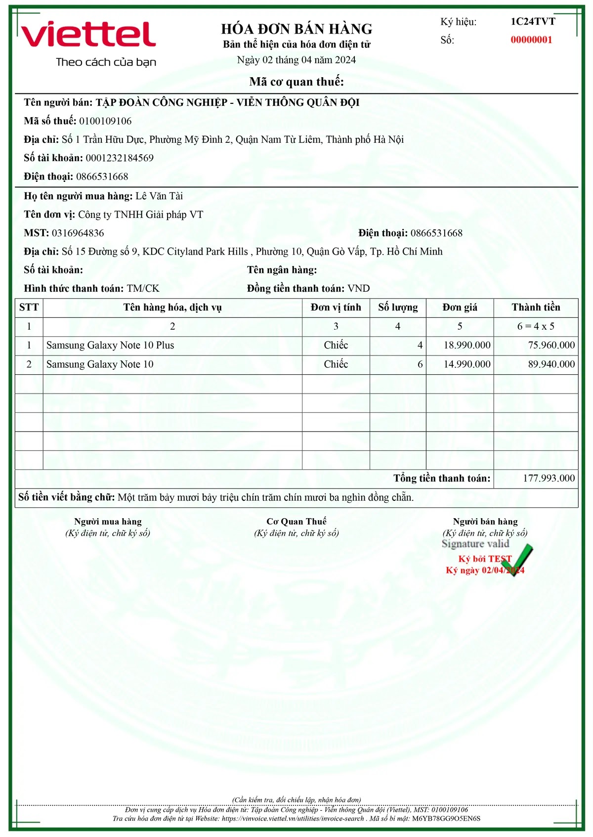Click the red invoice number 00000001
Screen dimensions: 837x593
531,40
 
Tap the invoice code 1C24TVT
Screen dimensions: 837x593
533,22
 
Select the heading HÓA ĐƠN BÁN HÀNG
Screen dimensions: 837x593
296,29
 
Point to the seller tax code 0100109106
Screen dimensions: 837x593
105,121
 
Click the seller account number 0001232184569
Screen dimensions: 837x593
120,158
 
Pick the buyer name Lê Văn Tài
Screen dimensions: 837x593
159,196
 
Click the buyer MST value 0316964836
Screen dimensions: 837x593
78,233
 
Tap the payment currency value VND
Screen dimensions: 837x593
359,289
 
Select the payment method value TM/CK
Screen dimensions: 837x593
143,289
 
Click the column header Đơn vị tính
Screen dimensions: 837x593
336,308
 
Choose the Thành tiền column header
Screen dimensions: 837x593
536,308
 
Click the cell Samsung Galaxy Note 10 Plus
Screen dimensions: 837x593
110,346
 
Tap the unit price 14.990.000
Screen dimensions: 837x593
467,364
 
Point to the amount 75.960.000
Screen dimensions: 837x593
551,346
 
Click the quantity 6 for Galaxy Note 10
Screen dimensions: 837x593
420,364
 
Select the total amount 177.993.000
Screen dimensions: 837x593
549,478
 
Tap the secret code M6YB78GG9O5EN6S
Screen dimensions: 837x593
446,818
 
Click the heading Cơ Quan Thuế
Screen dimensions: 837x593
296,522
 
